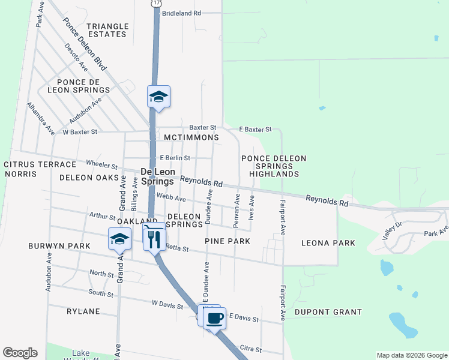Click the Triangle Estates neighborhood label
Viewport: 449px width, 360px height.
tap(107, 30)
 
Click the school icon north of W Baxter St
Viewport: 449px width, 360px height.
tap(158, 97)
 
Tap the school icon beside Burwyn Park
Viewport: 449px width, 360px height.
tap(119, 239)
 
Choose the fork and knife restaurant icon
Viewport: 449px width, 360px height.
tap(154, 238)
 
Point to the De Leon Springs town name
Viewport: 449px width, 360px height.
tap(157, 176)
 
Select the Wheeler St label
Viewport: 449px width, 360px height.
tap(101, 164)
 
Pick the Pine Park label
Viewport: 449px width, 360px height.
tap(227, 241)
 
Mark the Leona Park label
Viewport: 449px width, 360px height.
tap(328, 243)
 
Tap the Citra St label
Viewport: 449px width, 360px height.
tap(250, 349)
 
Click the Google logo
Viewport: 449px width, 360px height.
tap(20, 353)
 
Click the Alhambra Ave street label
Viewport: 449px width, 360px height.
tap(40, 118)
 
